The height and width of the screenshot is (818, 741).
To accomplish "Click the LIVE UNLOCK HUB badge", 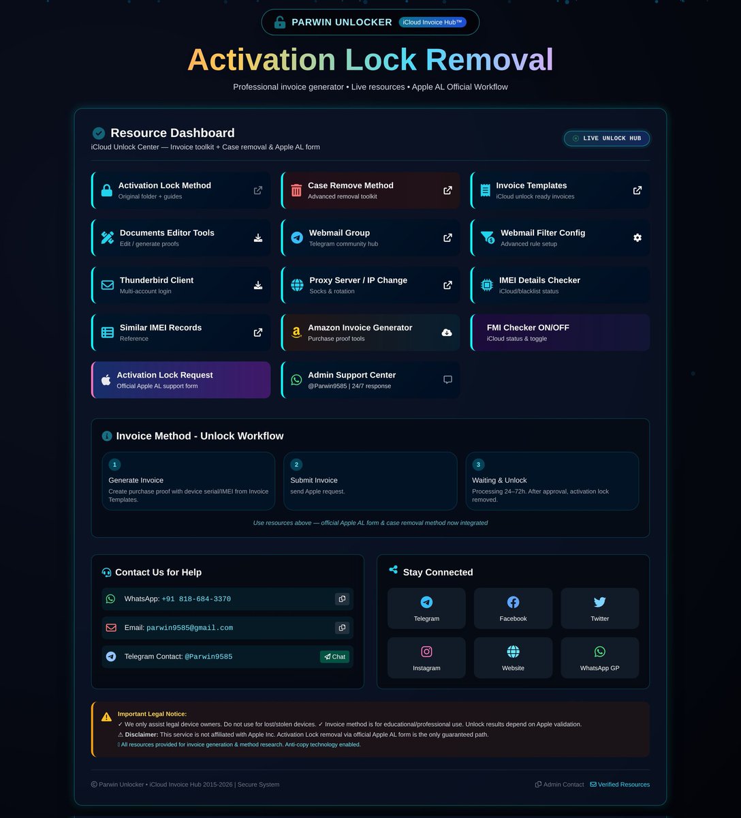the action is [x=607, y=138].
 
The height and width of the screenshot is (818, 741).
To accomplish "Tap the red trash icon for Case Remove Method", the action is [x=296, y=190].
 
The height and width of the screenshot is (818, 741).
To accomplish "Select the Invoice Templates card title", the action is [x=531, y=185].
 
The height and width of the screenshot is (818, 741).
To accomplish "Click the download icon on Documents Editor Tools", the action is [x=258, y=238].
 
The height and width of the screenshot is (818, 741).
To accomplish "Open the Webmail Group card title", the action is [x=339, y=233].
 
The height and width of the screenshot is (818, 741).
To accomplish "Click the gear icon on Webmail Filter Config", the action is [x=637, y=238].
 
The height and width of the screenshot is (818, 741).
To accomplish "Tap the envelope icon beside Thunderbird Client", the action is [x=108, y=285].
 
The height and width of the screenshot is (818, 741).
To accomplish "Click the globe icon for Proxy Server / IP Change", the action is [x=297, y=285].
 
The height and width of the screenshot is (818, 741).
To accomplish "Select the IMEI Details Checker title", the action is [x=539, y=280].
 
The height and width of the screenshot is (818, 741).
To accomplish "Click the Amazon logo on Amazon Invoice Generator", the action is [x=296, y=333].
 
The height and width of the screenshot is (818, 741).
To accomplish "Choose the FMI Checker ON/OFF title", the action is [x=528, y=328].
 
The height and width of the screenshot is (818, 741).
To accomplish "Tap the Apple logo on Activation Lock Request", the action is [x=106, y=380].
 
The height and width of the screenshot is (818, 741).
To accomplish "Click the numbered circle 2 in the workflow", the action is [x=296, y=464].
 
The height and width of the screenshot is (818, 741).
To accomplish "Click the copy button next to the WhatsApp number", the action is [x=342, y=599].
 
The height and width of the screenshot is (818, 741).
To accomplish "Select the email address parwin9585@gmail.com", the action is [x=189, y=628].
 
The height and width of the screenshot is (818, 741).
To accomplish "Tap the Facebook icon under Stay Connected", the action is [x=513, y=602].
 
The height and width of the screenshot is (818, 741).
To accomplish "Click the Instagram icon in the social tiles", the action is [x=426, y=652].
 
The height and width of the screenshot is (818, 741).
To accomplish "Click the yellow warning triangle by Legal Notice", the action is [x=106, y=717].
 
